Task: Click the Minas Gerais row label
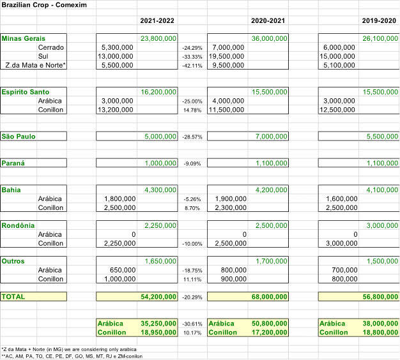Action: pyautogui.click(x=24, y=38)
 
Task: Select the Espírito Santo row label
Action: pyautogui.click(x=26, y=92)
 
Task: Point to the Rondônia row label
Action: pyautogui.click(x=19, y=225)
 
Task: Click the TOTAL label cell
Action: pyautogui.click(x=13, y=297)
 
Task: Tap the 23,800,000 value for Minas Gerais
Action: pyautogui.click(x=158, y=38)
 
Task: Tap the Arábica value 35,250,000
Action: pyautogui.click(x=158, y=324)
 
